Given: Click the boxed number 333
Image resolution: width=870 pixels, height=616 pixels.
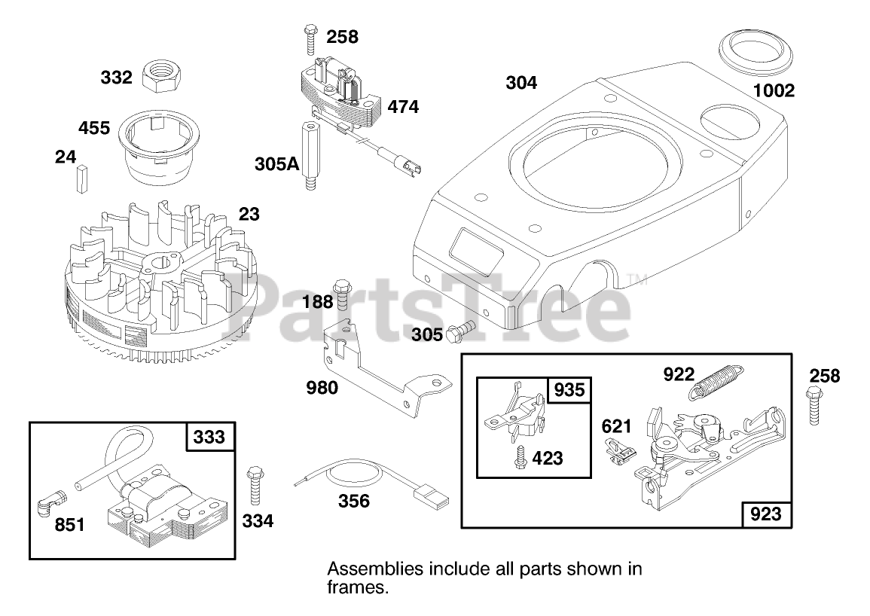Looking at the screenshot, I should [209, 437].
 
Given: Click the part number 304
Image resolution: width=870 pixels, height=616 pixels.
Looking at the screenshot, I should [521, 84].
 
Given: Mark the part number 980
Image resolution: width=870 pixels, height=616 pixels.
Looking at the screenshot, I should [322, 389].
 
